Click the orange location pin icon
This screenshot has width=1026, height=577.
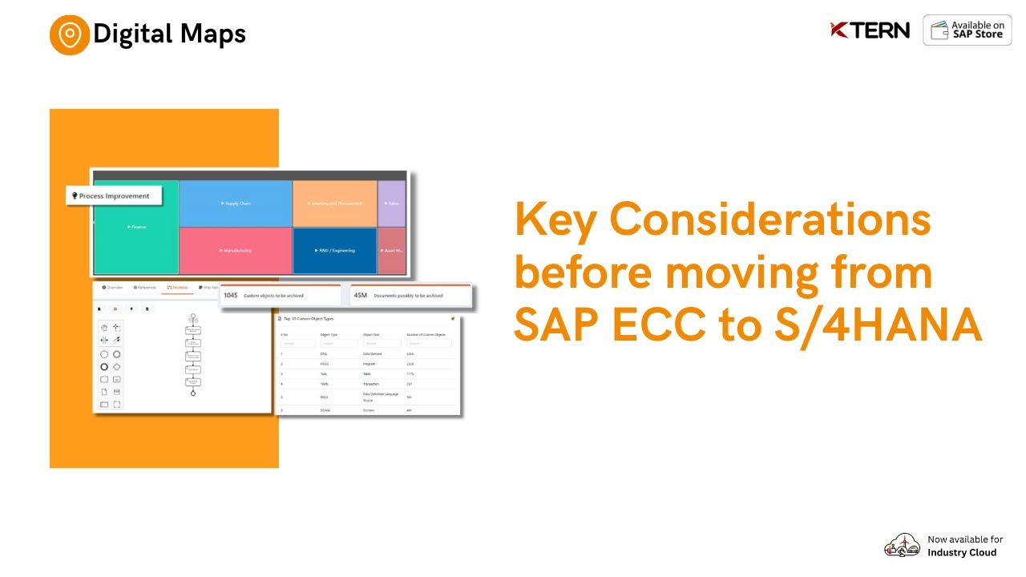click(x=70, y=34)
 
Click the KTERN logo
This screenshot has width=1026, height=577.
click(x=870, y=30)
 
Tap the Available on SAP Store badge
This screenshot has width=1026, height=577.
click(x=967, y=30)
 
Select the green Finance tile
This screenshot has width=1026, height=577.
click(x=135, y=227)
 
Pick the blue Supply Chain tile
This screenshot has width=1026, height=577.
click(x=235, y=204)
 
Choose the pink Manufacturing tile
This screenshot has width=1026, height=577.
click(x=235, y=251)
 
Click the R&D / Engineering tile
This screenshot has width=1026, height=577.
click(x=334, y=251)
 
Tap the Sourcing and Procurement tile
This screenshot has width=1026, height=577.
click(x=334, y=204)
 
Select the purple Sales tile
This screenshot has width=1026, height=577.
click(x=392, y=204)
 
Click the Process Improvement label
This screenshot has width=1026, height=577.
click(x=114, y=196)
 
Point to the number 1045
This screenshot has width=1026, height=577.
click(x=231, y=295)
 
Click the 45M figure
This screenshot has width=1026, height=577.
click(x=360, y=295)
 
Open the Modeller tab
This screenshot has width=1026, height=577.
click(x=177, y=287)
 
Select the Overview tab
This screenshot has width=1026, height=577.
click(x=112, y=287)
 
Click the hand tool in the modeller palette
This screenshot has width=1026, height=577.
click(x=104, y=327)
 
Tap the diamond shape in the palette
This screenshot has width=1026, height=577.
click(x=117, y=367)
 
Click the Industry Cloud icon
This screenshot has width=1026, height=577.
click(x=902, y=546)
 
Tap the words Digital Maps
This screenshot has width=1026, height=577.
click(x=169, y=34)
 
